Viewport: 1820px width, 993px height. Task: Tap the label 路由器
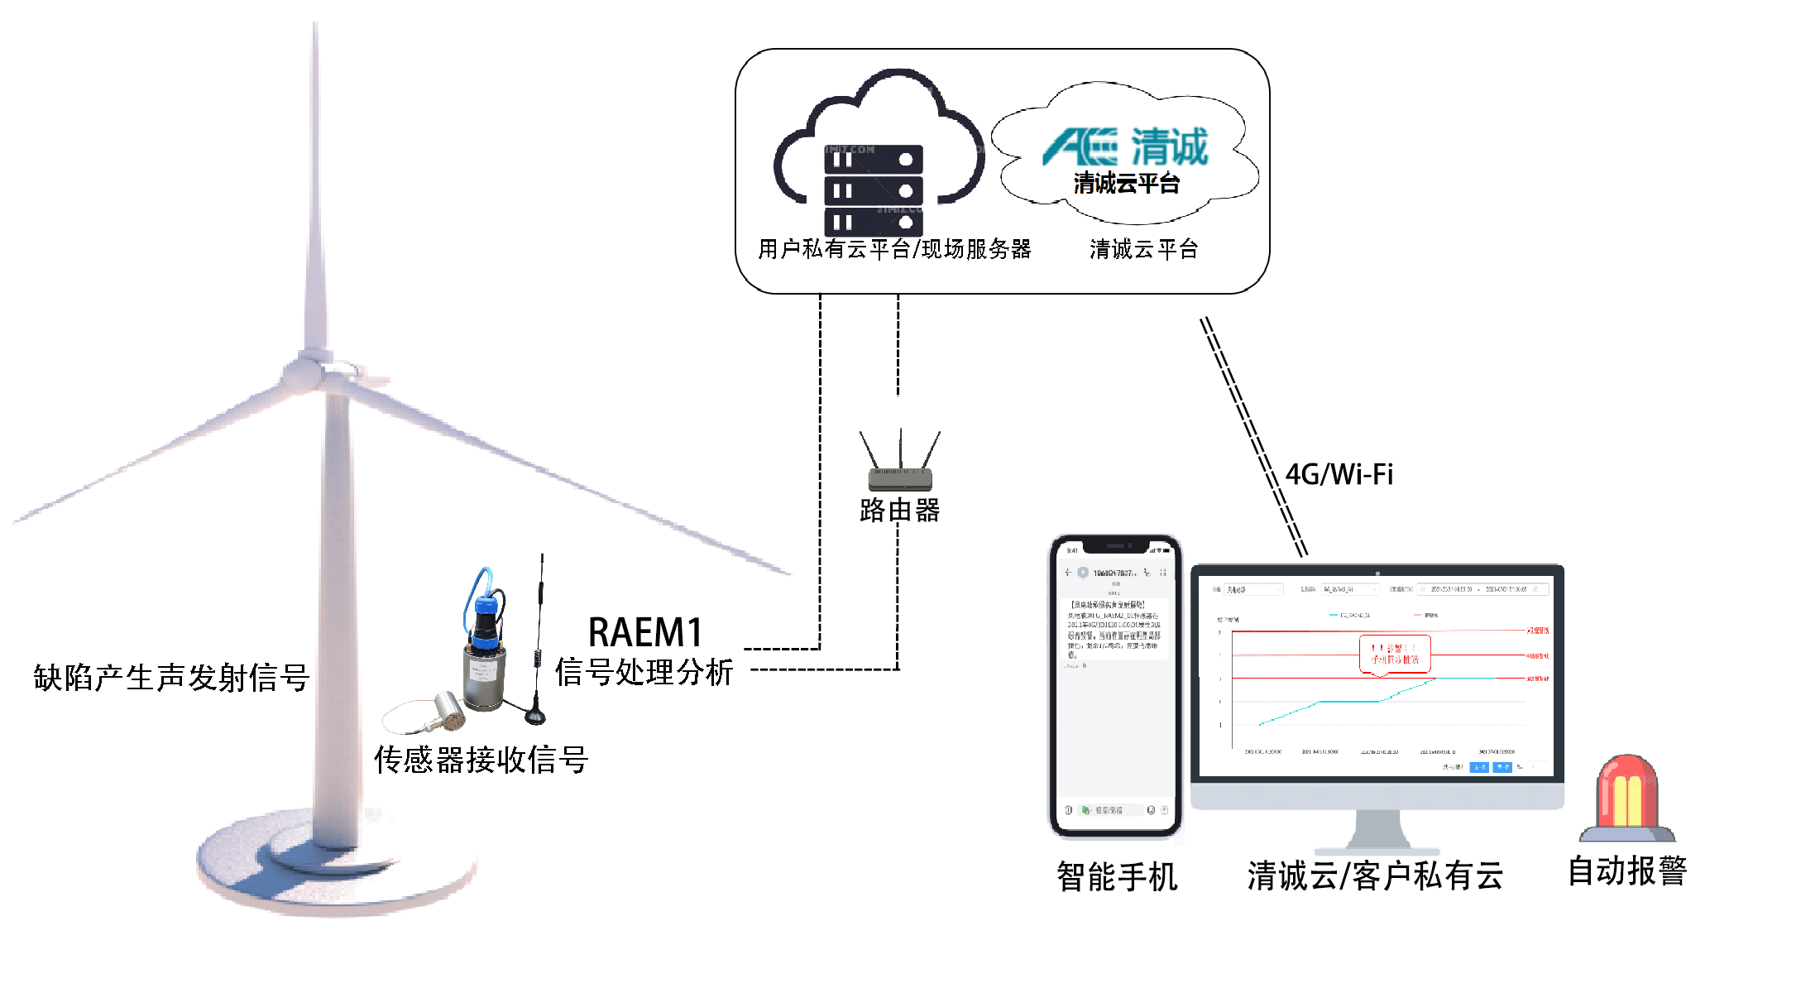point(900,511)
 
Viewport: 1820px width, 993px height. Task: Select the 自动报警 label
point(1627,871)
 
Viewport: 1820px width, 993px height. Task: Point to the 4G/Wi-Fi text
point(1339,475)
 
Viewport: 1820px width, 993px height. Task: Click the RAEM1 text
point(645,633)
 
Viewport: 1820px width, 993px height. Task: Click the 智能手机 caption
point(1117,876)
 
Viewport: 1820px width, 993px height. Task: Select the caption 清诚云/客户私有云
point(1375,875)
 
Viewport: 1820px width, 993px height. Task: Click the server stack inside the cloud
point(874,190)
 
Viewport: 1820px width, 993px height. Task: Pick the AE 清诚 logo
point(1125,147)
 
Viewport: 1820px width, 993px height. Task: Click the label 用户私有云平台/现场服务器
point(894,249)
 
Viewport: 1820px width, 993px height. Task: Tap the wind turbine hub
point(310,372)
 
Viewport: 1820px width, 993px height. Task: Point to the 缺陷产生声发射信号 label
point(171,678)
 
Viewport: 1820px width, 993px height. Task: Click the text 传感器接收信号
point(481,760)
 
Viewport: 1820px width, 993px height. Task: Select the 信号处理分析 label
point(644,673)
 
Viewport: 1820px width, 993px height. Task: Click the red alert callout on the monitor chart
point(1395,654)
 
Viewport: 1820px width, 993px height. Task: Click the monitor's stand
point(1377,832)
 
